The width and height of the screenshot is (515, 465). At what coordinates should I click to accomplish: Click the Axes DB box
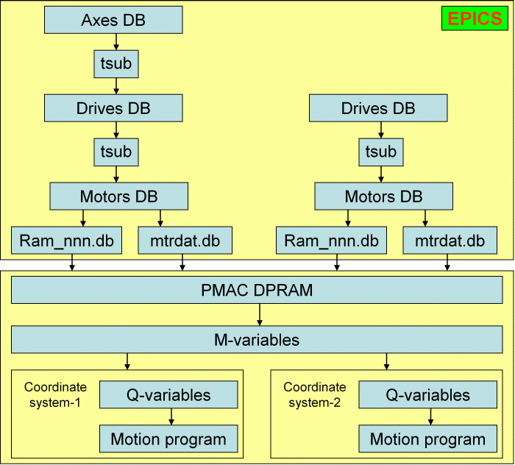(113, 20)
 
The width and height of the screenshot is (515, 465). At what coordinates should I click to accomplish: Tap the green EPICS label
(475, 18)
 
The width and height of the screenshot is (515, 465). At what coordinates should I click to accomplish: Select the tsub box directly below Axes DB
(116, 64)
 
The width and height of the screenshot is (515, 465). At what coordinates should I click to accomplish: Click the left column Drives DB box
(113, 108)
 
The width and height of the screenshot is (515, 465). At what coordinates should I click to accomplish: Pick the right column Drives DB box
(378, 108)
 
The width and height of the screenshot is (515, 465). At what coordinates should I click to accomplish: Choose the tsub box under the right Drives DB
(381, 152)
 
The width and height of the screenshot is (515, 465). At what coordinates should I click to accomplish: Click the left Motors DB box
(119, 196)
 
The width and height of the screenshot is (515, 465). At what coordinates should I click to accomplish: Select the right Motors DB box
(383, 196)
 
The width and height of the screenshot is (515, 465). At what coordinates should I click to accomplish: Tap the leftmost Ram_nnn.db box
(66, 241)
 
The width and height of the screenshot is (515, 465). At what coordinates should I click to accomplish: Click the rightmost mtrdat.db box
(450, 241)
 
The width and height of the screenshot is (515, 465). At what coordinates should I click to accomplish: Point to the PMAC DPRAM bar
(257, 290)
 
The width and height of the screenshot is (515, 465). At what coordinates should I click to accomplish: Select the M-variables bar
(257, 340)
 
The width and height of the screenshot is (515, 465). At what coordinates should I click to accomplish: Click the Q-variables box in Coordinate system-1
(168, 394)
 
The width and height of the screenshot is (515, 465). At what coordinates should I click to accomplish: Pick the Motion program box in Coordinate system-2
(427, 439)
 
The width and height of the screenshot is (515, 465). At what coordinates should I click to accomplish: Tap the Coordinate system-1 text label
(55, 394)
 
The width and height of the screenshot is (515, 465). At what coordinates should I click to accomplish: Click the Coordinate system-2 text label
(315, 394)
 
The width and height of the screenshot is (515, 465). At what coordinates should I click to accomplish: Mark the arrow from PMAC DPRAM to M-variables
(260, 315)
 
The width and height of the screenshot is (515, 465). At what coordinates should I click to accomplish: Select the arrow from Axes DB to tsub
(116, 42)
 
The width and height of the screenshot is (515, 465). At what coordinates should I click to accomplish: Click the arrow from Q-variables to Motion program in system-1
(171, 416)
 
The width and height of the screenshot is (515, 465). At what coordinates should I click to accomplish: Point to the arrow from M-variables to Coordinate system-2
(386, 361)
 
